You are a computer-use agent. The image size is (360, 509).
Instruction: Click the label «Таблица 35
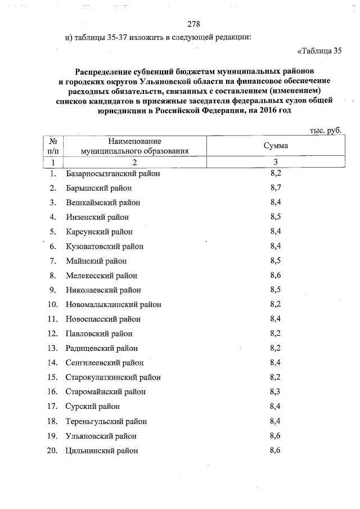coord(319,52)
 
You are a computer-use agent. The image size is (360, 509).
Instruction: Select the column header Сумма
coord(276,146)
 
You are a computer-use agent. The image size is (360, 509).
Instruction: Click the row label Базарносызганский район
coord(113,173)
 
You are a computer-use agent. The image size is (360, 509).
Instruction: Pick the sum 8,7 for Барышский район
coord(276,187)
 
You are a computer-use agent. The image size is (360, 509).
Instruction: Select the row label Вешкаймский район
coord(103,202)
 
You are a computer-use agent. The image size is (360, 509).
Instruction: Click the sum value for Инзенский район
coord(276,217)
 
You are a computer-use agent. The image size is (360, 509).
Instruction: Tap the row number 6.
coord(53,246)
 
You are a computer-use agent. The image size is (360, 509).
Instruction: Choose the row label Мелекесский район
coord(101,276)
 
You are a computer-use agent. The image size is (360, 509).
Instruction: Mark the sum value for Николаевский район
coord(276,290)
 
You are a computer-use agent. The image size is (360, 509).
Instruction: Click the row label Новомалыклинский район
coord(114,305)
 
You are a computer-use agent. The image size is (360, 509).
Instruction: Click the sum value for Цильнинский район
coord(276,451)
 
